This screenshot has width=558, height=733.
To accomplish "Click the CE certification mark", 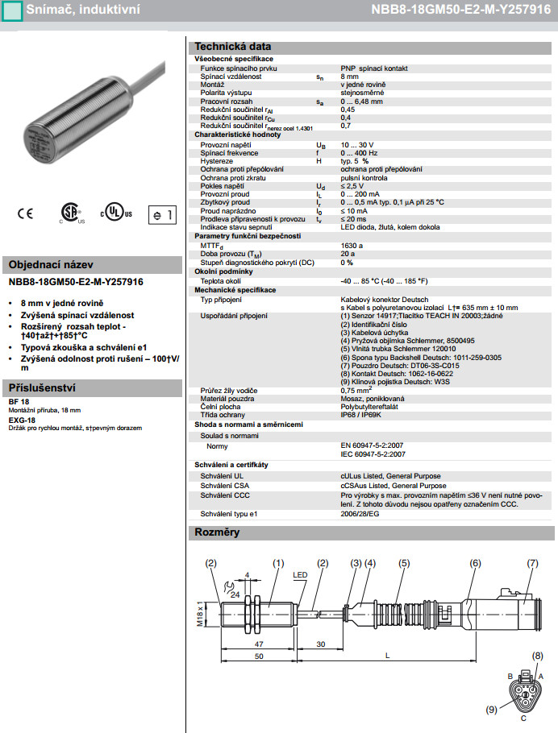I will (26, 213).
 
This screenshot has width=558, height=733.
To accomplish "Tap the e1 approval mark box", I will (160, 215).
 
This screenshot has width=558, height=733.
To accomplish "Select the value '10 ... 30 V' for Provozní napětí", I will (357, 144).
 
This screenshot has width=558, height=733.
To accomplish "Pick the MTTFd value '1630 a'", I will (352, 245).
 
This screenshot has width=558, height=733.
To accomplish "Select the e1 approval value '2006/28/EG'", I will (361, 513).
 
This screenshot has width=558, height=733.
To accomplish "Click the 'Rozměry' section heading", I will (217, 532).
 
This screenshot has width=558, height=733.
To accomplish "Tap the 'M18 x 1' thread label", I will (201, 619).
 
